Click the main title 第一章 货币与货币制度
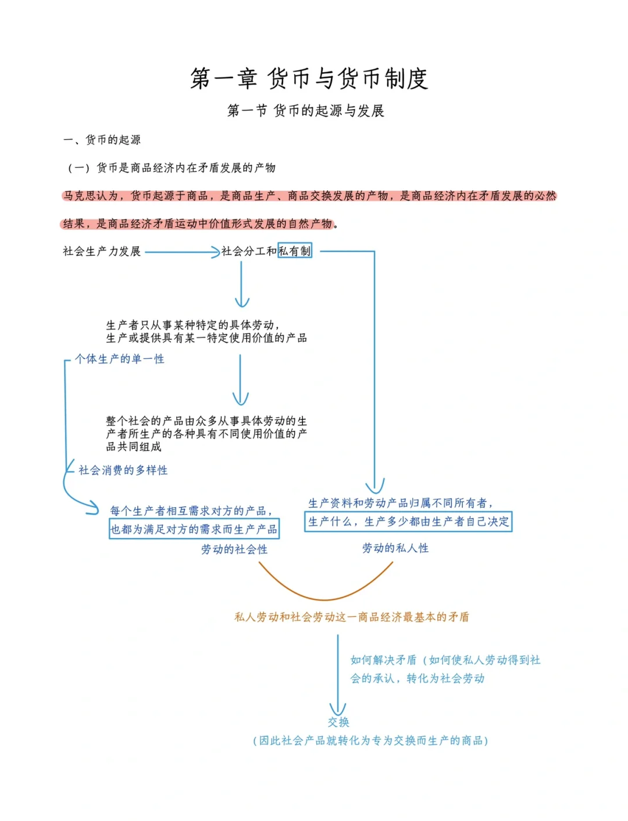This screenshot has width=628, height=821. pos(309,78)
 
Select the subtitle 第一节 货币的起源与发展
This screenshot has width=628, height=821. pos(305,110)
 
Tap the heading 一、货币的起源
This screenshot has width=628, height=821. pos(102,139)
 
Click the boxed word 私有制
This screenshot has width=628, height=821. pos(295,251)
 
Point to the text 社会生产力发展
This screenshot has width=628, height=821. pos(102,251)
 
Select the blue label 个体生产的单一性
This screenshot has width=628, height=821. pos(120,359)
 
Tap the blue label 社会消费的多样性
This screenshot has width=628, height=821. pos(123,470)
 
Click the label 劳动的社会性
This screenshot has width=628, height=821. pos(234,549)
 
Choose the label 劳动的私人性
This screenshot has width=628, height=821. pos(395,548)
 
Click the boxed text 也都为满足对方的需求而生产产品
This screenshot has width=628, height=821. pos(194,529)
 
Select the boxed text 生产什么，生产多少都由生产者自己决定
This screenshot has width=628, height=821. pos(408,521)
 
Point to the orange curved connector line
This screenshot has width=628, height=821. pos(325,598)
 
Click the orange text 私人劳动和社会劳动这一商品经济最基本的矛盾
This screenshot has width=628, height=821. pos(351,617)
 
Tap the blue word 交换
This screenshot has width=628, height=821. pos(338,722)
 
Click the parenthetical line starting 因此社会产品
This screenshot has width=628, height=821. pos(370,740)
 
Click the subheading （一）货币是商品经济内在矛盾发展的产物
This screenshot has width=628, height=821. pos(172,168)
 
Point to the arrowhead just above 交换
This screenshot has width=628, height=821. pos(338,708)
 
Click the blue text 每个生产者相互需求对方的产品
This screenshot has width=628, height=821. pos(191,511)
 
